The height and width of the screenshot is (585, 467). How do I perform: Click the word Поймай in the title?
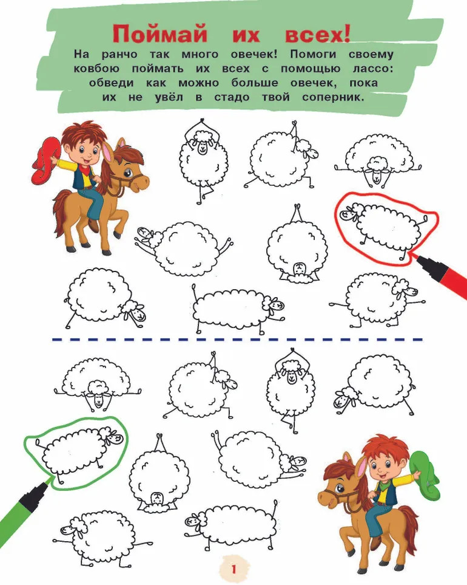pos(160,35)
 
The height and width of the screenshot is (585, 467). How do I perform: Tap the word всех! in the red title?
pos(317,35)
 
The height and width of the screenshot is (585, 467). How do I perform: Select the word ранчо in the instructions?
pos(119,55)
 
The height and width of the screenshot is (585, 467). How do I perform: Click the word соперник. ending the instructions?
pos(332,97)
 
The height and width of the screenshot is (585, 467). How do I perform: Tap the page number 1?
pos(234,569)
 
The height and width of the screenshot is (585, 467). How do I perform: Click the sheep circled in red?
pos(386,228)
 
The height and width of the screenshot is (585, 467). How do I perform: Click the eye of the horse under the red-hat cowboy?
pos(128,173)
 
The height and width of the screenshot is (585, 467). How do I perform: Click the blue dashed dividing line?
pos(237,340)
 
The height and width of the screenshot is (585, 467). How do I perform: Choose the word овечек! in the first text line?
pos(254,55)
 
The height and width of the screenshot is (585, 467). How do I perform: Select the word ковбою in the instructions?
pos(96,69)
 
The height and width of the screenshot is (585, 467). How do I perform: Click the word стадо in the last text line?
pos(232,97)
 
